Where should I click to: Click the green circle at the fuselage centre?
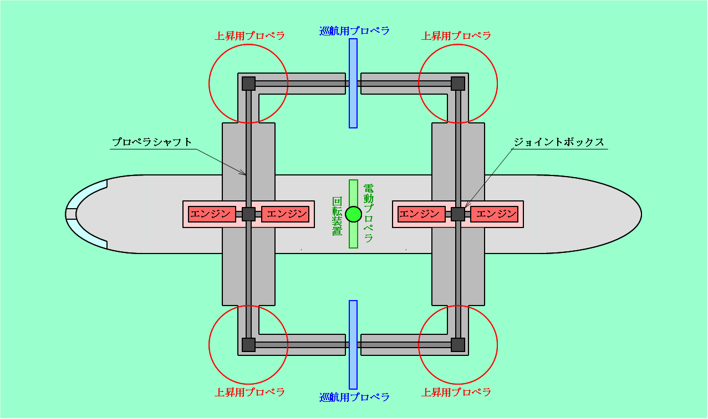[353, 214]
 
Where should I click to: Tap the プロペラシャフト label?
[152, 142]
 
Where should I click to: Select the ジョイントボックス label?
[559, 142]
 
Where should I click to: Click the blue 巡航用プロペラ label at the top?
[354, 31]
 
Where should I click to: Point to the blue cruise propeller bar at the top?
[353, 83]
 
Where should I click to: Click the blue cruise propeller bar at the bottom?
[353, 345]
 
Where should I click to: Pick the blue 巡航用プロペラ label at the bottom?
[354, 397]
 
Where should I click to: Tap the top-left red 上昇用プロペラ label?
[249, 35]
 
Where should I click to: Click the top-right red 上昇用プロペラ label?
[456, 35]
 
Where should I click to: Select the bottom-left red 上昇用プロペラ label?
[249, 392]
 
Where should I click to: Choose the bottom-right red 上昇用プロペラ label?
[456, 392]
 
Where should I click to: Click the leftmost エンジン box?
[212, 214]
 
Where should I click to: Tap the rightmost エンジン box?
[495, 214]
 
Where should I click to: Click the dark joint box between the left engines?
[249, 214]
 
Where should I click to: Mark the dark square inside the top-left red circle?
[249, 84]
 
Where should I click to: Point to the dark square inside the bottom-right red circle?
[458, 345]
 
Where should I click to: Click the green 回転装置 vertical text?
[337, 216]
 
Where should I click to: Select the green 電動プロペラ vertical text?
[369, 213]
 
